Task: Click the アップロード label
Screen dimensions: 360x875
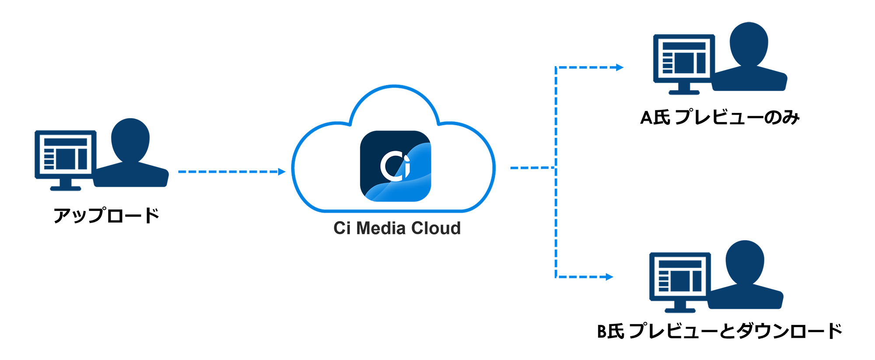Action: (106, 215)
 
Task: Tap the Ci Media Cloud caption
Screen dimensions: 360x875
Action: (397, 228)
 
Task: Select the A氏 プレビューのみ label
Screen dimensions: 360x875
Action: (720, 117)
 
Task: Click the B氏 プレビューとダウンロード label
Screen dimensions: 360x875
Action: (719, 331)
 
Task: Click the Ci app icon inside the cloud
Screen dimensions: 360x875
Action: (395, 166)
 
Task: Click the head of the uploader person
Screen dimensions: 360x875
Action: (130, 139)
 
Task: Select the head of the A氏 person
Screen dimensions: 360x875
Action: (749, 43)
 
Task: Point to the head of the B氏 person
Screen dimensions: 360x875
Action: (745, 261)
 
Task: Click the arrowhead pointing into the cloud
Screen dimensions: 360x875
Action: (282, 172)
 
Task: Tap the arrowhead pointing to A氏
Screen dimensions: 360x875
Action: (619, 67)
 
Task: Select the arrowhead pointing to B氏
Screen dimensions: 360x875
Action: (609, 277)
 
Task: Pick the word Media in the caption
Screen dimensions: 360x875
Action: (380, 228)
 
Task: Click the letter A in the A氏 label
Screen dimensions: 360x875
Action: (646, 118)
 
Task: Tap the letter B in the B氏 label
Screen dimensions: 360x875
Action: (602, 332)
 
